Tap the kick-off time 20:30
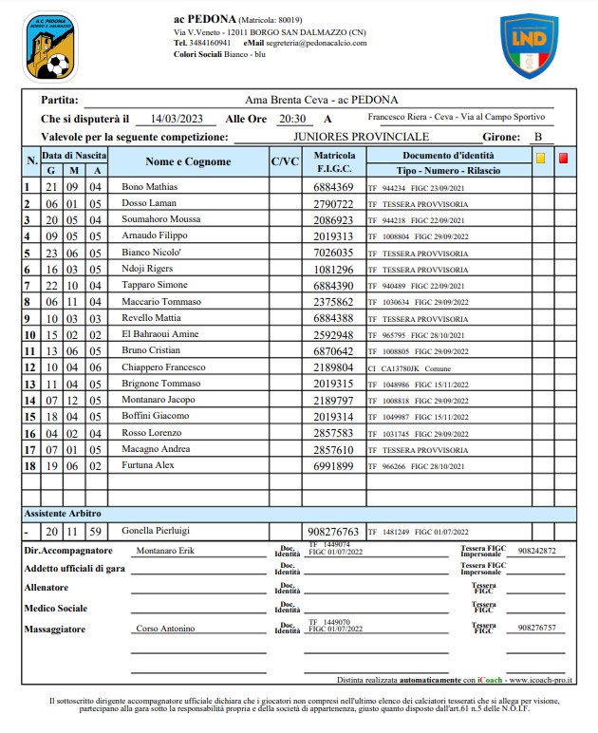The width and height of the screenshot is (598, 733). click(x=291, y=119)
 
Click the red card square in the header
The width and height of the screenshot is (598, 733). click(x=563, y=158)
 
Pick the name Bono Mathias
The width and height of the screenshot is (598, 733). click(x=150, y=187)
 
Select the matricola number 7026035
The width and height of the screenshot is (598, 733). click(x=333, y=254)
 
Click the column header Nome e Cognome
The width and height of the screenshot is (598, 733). click(x=188, y=161)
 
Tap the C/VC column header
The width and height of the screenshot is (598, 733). click(x=285, y=161)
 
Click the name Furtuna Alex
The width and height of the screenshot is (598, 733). click(x=147, y=466)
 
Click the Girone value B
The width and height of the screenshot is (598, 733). click(x=537, y=137)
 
